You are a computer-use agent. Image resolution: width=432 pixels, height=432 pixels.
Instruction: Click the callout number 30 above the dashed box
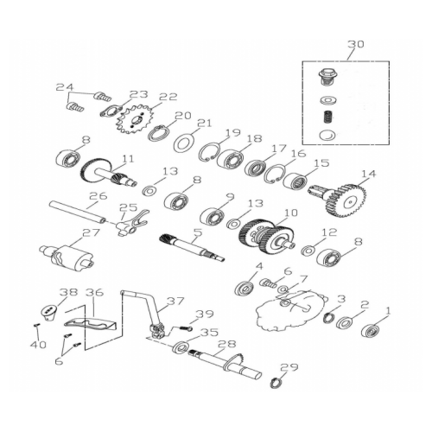coord(356,45)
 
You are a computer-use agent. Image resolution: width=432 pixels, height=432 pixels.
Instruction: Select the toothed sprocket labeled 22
coord(135,118)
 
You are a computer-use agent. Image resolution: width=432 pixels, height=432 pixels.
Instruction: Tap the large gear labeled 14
coord(346,200)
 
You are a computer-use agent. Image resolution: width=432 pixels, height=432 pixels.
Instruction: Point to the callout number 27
coord(91,232)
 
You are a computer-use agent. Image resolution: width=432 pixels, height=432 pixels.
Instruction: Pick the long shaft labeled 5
coord(192,247)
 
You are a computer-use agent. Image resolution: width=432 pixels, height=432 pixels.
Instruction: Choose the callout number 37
coord(175,302)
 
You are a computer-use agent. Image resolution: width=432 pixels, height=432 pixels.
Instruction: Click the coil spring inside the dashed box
coord(327,117)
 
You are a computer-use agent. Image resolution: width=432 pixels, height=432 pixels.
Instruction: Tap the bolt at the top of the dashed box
coord(327,76)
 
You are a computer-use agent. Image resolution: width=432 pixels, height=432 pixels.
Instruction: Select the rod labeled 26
coord(78,213)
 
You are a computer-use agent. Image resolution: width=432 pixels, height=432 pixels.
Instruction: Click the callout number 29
coord(289,367)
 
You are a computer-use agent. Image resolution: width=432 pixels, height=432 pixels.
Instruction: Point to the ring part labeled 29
coord(276,384)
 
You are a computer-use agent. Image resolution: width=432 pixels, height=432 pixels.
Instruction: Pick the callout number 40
coord(38,344)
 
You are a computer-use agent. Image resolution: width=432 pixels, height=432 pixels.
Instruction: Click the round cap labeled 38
coord(48,314)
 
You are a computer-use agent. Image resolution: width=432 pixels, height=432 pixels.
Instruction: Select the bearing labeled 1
coord(371,330)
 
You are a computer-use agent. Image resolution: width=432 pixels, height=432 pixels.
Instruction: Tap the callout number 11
coord(128,159)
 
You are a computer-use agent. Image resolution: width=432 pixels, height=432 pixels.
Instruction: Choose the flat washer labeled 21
coord(183,142)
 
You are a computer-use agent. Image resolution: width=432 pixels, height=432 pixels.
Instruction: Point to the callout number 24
coord(65,87)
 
